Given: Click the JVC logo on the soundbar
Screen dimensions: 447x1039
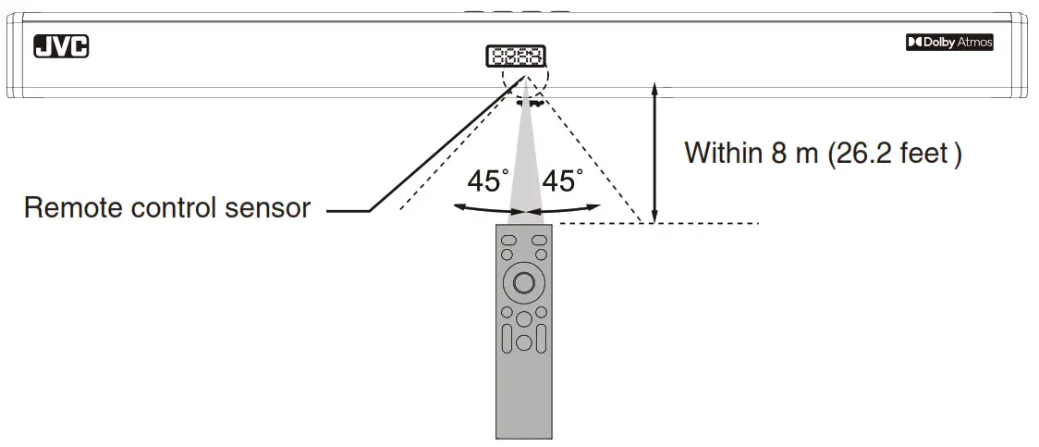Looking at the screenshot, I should point(61,46).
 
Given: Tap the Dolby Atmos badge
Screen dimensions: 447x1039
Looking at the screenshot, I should point(949,43).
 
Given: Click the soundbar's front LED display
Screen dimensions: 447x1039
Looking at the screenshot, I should point(515,56).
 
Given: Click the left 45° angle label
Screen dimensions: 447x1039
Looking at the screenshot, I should point(487,181).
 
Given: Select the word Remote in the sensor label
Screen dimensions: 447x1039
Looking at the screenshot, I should point(75,208).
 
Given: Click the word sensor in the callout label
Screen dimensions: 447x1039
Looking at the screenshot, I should point(268,208).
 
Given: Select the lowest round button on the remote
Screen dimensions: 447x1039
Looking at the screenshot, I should point(524,342).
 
